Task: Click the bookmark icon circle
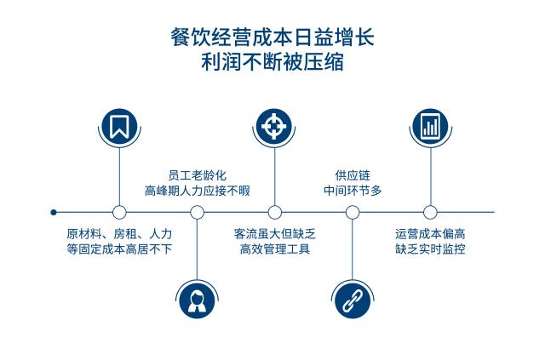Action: coord(119,127)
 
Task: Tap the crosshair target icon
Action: coord(274,127)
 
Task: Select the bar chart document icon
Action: coord(430,127)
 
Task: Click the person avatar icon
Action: coord(197,298)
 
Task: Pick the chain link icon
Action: coord(353,298)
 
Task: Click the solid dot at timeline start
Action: coord(54,212)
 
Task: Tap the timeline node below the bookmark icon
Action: coord(119,212)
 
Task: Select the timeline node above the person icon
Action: coord(197,212)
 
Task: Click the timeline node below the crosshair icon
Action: coord(274,212)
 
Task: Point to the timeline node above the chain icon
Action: coord(353,212)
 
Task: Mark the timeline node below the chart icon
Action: coord(430,212)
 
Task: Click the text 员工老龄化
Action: coord(197,174)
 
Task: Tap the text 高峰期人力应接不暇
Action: coord(197,191)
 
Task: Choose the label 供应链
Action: coord(353,174)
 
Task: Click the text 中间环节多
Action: coord(353,191)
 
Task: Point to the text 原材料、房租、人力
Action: coord(119,233)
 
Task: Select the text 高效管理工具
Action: coord(274,249)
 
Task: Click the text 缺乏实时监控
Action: coord(430,249)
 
